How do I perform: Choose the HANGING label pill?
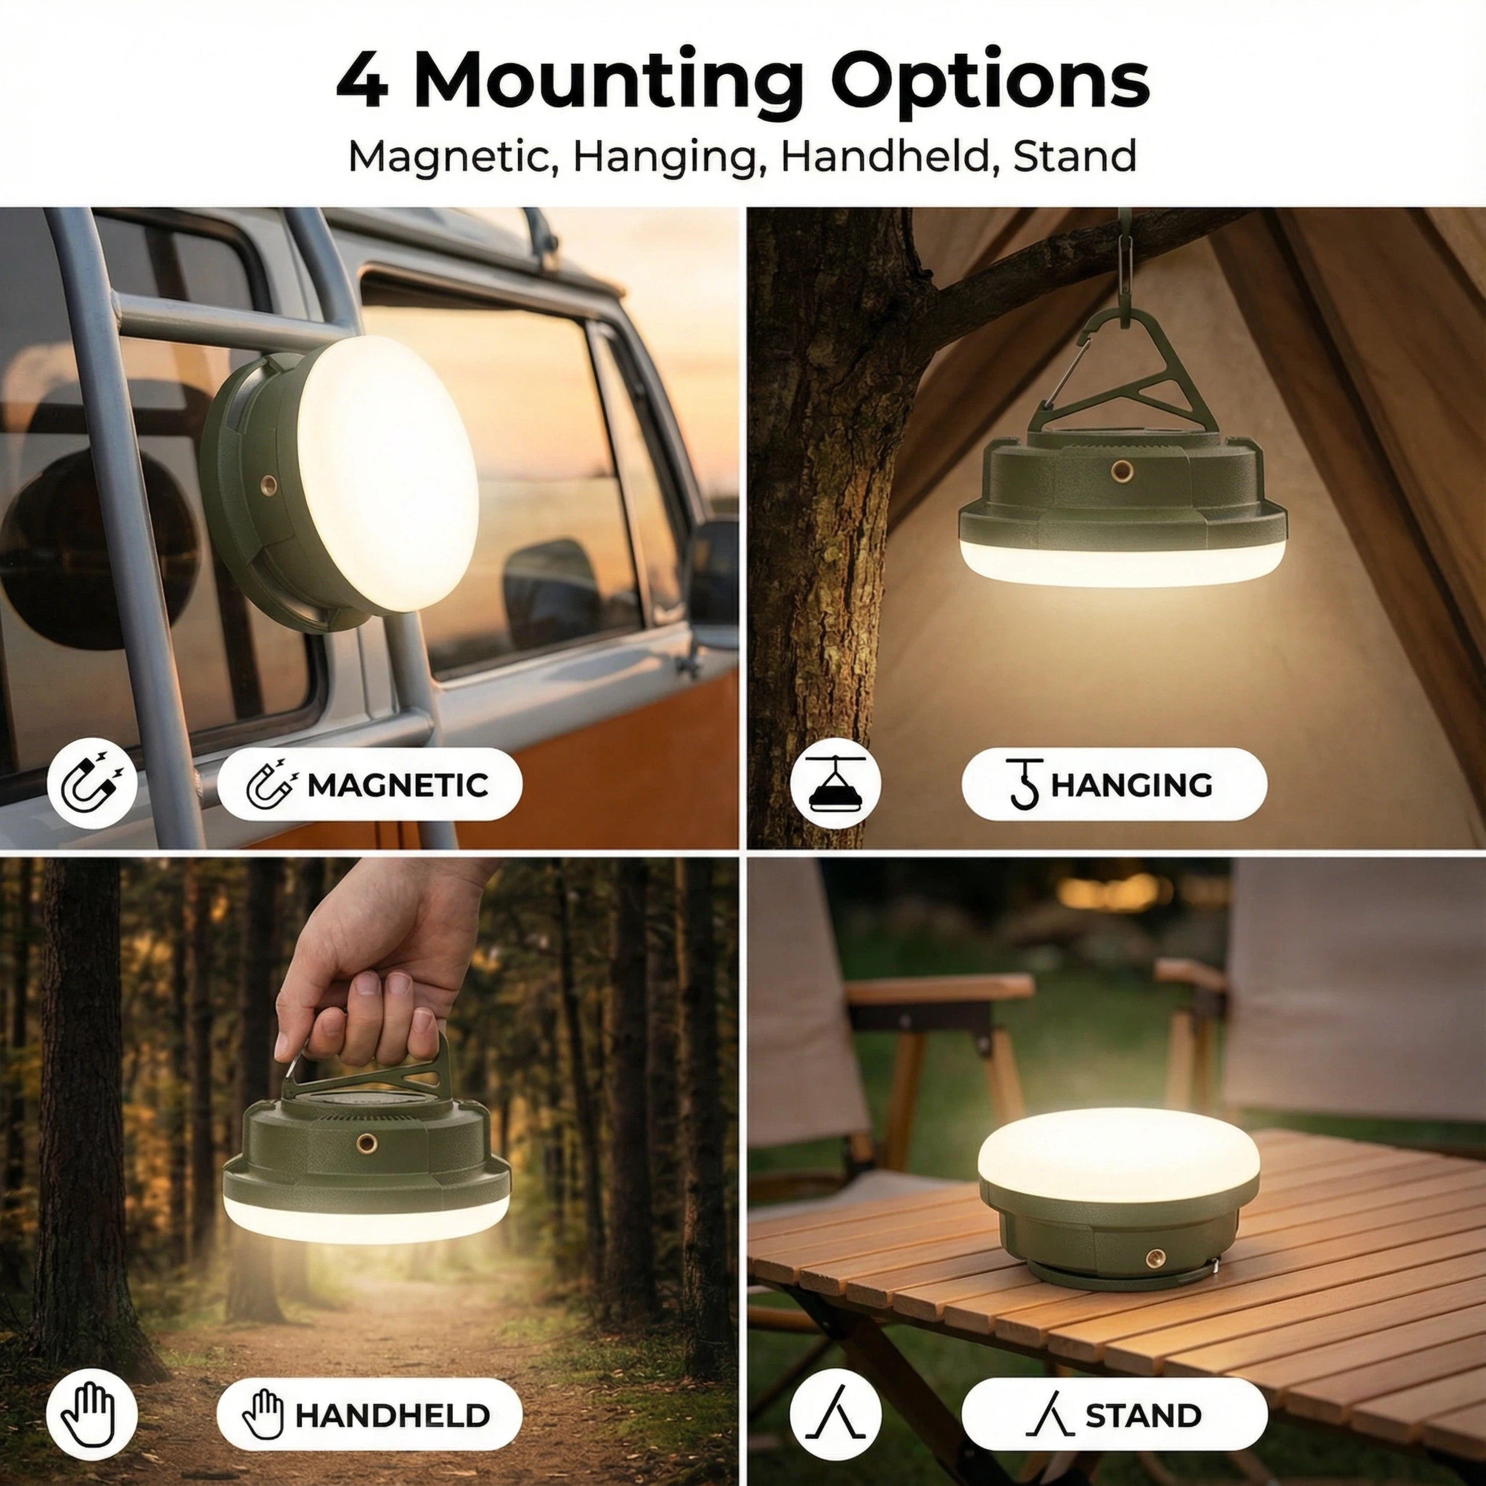pos(1114,785)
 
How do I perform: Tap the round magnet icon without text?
pos(92,785)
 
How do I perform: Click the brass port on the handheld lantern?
pos(364,1144)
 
